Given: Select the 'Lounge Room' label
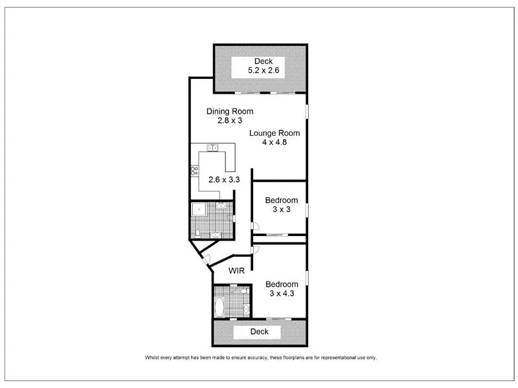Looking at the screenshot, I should point(275,133).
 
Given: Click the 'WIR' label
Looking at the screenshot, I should point(236,271).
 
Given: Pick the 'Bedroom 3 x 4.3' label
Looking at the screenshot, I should point(282,289).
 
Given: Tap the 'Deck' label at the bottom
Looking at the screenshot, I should point(259,332).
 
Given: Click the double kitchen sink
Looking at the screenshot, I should point(210,148).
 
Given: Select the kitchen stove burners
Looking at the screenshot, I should point(194,171).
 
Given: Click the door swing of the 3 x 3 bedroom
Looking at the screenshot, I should point(256,227).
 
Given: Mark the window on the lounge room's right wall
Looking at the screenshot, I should point(308,111).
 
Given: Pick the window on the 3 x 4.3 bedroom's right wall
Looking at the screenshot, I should point(308,278).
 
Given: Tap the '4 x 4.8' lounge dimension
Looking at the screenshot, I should point(275,143).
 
